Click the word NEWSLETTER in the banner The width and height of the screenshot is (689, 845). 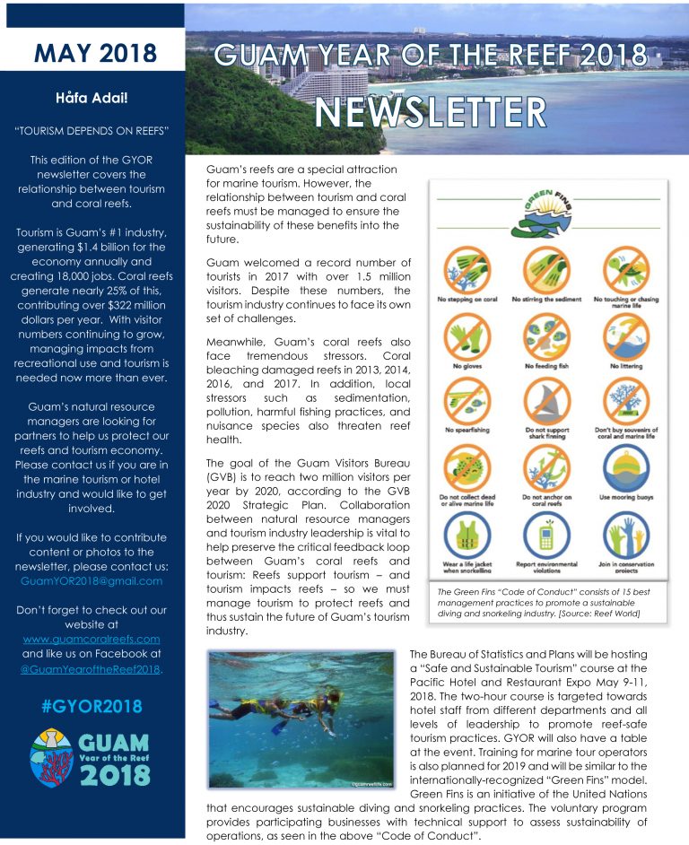pos(430,113)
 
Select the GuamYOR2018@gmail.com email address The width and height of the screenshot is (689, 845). pos(91,580)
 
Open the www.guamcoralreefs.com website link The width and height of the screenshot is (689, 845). pos(91,639)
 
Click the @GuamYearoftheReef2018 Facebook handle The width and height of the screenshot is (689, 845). pos(91,668)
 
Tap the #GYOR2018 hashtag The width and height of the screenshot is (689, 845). pos(92,705)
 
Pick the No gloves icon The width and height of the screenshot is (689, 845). pos(467,335)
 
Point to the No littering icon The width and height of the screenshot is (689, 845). pos(624,335)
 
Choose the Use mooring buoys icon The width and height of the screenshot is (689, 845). pos(624,466)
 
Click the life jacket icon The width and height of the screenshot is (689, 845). pos(467,536)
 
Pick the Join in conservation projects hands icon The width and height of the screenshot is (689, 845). pos(624,536)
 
